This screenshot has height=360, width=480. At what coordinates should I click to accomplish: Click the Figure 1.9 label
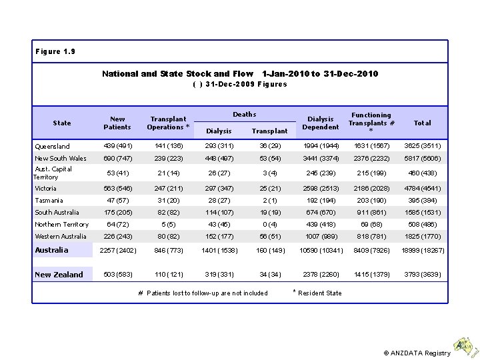point(56,51)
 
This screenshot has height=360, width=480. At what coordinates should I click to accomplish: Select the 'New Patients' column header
point(117,123)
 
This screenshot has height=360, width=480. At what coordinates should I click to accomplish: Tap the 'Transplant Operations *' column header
point(168,123)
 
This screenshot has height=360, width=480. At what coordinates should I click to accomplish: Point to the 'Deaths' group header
point(244,115)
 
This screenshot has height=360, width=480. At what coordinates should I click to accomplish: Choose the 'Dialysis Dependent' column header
point(320,123)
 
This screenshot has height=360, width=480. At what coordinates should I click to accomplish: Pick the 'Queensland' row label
point(53,147)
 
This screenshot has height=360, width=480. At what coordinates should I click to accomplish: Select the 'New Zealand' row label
point(59,275)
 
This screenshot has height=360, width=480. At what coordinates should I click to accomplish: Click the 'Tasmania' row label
point(49,201)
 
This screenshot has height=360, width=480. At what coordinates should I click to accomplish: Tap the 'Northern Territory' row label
point(61,225)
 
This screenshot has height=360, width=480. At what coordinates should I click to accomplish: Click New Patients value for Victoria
point(117,189)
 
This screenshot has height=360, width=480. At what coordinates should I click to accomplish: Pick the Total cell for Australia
point(422,251)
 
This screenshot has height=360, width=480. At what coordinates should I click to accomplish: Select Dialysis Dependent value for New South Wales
point(320,159)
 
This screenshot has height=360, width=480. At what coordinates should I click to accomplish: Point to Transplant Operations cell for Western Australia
point(168,237)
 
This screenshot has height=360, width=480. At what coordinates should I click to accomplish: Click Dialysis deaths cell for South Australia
point(219,213)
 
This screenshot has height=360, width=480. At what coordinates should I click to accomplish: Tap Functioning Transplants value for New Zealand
point(371,275)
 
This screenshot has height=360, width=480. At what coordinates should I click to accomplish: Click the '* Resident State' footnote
point(318,293)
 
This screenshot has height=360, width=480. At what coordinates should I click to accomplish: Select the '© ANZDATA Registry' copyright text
point(417,353)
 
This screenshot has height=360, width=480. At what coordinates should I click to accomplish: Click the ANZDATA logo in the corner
point(463,345)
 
